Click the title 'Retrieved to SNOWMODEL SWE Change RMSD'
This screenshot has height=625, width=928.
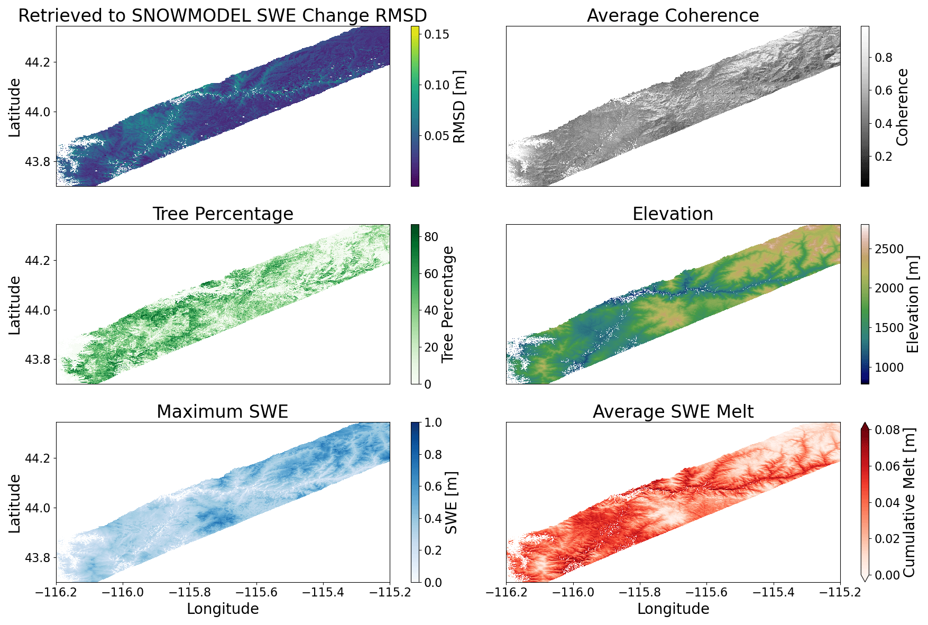(223, 15)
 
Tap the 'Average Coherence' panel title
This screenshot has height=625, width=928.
(673, 15)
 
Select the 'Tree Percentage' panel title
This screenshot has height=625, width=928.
(223, 214)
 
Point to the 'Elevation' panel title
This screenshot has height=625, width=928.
(673, 214)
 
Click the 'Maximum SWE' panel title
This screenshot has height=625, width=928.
(223, 411)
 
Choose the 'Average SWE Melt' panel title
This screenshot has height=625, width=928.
(673, 411)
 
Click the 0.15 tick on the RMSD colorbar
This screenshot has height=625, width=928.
(437, 34)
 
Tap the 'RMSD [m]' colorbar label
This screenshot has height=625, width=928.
(460, 106)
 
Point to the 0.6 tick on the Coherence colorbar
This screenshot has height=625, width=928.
(884, 90)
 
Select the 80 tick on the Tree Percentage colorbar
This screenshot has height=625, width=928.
(431, 237)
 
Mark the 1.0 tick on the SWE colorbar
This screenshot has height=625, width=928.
(433, 422)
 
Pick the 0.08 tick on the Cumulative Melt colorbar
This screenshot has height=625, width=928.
(887, 430)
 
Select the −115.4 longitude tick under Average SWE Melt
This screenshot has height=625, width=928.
(774, 593)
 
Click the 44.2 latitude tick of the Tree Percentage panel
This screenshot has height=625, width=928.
(38, 261)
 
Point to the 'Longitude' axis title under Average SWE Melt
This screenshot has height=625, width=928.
(673, 609)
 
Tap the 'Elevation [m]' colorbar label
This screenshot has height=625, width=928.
(912, 304)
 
